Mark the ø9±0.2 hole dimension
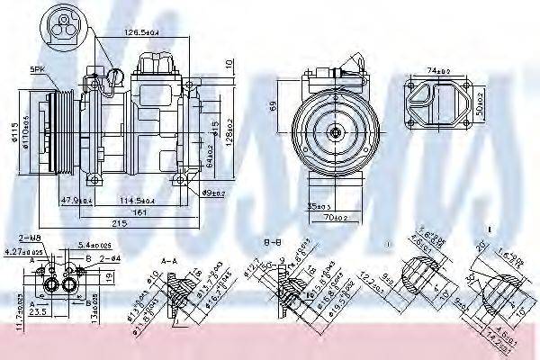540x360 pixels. pyautogui.click(x=213, y=192)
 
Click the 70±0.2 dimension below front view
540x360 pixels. pyautogui.click(x=336, y=217)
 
